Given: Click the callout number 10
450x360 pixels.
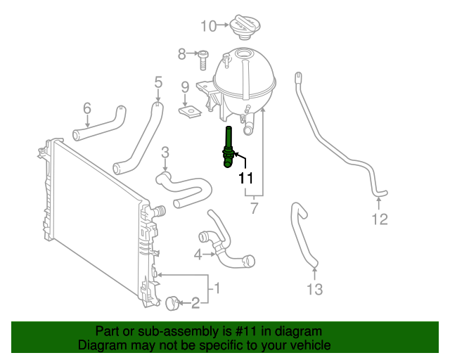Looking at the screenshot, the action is click(208, 26).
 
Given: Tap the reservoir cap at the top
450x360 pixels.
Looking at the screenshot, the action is click(245, 27).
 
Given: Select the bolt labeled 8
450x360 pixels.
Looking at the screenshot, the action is click(203, 60).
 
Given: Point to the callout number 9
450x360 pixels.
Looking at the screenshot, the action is click(185, 87).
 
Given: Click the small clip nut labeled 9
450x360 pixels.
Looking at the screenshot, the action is click(189, 112).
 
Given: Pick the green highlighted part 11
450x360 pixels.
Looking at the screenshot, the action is click(228, 147).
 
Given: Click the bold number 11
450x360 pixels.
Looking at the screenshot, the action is click(246, 178).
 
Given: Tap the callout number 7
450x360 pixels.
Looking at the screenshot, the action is click(255, 208).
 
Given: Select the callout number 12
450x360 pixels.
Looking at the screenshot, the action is click(380, 219).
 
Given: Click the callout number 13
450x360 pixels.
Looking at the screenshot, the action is click(315, 289).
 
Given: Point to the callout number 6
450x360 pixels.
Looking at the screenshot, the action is click(87, 108).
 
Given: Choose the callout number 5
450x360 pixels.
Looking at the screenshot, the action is click(158, 82).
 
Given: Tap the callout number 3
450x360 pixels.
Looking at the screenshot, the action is click(165, 153).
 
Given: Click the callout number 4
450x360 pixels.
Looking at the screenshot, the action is click(198, 255).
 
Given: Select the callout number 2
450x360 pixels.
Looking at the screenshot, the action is click(195, 303).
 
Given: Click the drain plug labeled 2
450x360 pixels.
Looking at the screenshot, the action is click(172, 304).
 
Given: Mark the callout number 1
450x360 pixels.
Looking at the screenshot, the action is click(217, 288).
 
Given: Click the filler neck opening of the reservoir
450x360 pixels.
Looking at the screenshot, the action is click(243, 53).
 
